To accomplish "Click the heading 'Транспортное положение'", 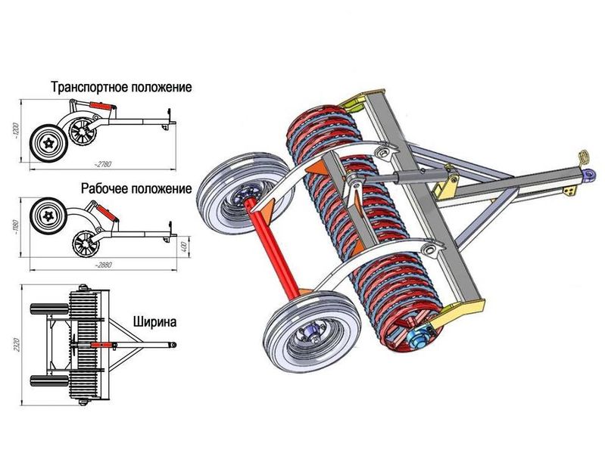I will [121, 87].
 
